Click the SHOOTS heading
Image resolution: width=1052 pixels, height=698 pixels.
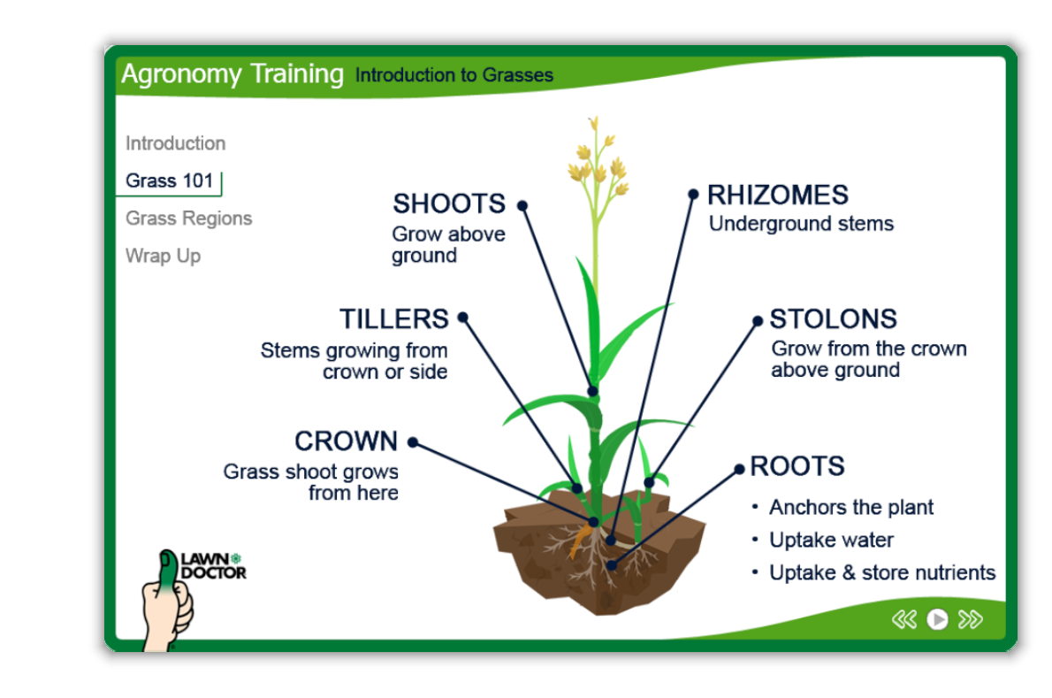pyautogui.click(x=449, y=203)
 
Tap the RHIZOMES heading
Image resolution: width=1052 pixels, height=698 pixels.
pyautogui.click(x=778, y=196)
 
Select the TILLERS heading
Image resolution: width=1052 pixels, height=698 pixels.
pyautogui.click(x=393, y=318)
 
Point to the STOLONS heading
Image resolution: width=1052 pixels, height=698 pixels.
pyautogui.click(x=834, y=318)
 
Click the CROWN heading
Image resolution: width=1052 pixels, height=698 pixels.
pyautogui.click(x=347, y=441)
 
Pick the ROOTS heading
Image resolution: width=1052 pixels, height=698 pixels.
pyautogui.click(x=797, y=466)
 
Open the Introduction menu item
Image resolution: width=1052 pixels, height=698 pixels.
pyautogui.click(x=175, y=143)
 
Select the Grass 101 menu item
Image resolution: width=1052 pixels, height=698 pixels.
pyautogui.click(x=169, y=180)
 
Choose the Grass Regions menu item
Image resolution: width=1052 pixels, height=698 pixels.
pyautogui.click(x=188, y=219)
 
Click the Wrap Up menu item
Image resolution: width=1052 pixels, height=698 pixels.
pyautogui.click(x=163, y=256)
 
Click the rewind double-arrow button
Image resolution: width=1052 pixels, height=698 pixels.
pyautogui.click(x=903, y=618)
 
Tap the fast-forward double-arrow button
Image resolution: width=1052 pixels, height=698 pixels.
pyautogui.click(x=970, y=618)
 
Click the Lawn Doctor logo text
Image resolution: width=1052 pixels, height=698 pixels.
pyautogui.click(x=213, y=566)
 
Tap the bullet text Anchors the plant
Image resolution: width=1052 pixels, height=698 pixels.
pyautogui.click(x=850, y=508)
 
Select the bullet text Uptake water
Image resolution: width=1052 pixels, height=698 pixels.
pyautogui.click(x=831, y=540)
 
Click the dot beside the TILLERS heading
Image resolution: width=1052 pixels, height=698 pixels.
pyautogui.click(x=463, y=317)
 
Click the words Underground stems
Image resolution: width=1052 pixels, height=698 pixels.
pyautogui.click(x=801, y=224)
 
